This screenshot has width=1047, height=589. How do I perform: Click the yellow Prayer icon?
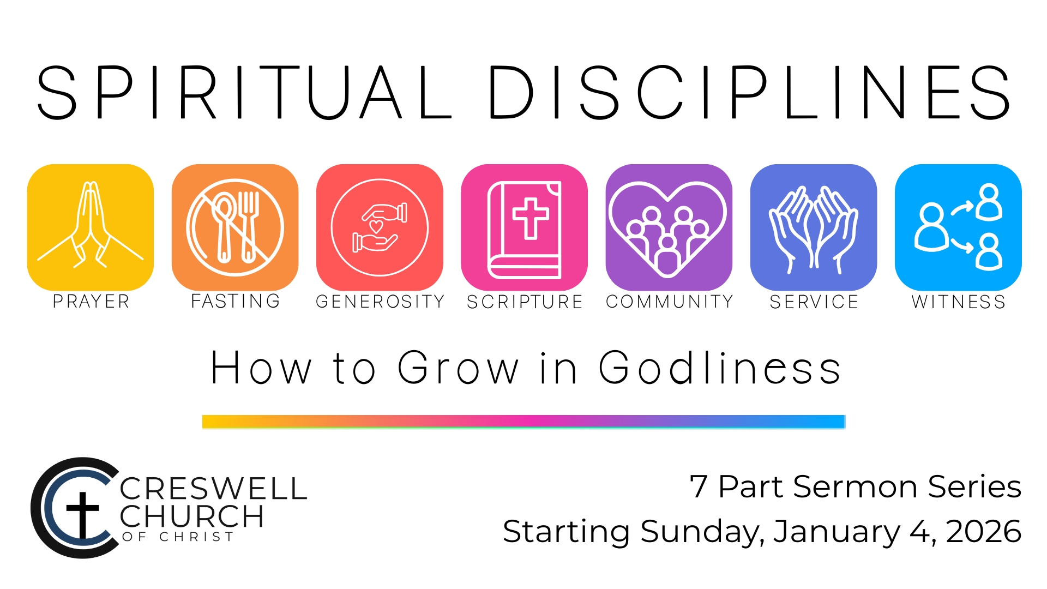pos(91,227)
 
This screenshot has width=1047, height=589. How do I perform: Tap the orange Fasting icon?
pos(235,227)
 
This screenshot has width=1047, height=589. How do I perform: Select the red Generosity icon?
pos(380,227)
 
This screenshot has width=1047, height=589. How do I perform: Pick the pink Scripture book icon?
pos(524,227)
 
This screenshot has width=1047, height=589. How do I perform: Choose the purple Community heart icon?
pos(669,227)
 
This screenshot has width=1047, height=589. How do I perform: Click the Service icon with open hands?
pos(814,227)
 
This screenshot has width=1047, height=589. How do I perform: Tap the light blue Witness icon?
pos(958,227)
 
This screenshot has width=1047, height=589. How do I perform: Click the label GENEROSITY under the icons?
pos(380,302)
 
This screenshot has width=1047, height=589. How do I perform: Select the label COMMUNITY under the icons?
pos(670,302)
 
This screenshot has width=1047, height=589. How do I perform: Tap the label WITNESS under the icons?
pos(959,302)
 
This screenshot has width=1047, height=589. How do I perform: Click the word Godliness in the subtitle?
pos(720,368)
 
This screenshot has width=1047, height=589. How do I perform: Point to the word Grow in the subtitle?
pos(458,368)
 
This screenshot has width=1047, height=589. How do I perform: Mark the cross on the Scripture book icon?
pos(530,218)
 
